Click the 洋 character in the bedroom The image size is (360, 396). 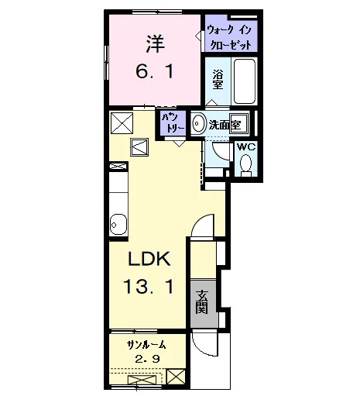point(156,44)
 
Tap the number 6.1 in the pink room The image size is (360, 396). point(155,71)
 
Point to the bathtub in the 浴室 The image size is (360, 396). point(245,81)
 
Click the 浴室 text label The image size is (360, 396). point(218,80)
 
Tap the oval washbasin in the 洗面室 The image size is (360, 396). point(199,123)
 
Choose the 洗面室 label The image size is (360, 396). point(225,125)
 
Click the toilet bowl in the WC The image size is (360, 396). point(245,164)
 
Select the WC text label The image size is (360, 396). point(246,147)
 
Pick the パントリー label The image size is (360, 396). point(173,122)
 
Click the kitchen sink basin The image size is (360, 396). point(118,225)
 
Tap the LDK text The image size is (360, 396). point(149,259)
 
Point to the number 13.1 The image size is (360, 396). point(148,287)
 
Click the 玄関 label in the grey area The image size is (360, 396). point(202,302)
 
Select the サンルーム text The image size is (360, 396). point(146,345)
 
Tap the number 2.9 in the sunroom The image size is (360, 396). point(147,359)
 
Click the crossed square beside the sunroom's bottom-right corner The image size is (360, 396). point(176,377)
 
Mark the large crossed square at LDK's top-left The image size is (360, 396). point(122,123)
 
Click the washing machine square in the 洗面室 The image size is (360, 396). point(238,123)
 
